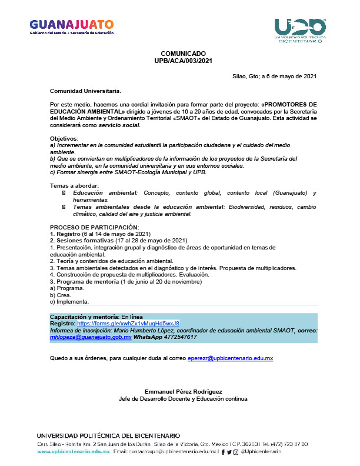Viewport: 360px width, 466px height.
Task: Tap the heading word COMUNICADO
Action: (x=179, y=54)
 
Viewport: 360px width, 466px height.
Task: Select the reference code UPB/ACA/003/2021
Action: (x=179, y=60)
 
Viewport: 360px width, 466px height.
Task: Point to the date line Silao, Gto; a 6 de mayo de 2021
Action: (x=275, y=76)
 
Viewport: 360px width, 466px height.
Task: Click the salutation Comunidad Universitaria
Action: (x=85, y=91)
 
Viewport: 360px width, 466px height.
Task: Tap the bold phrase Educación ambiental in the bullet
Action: (x=105, y=193)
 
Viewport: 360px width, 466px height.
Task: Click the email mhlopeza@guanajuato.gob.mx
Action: (x=91, y=337)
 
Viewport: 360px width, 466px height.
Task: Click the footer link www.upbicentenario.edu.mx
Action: (x=74, y=451)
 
